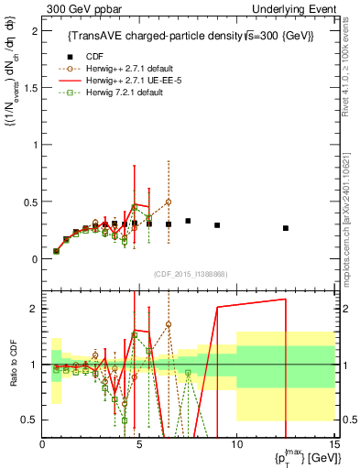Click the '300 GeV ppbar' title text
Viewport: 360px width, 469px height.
pos(80,8)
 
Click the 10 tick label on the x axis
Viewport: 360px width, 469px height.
pos(236,444)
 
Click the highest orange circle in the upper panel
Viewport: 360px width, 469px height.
pos(169,202)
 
